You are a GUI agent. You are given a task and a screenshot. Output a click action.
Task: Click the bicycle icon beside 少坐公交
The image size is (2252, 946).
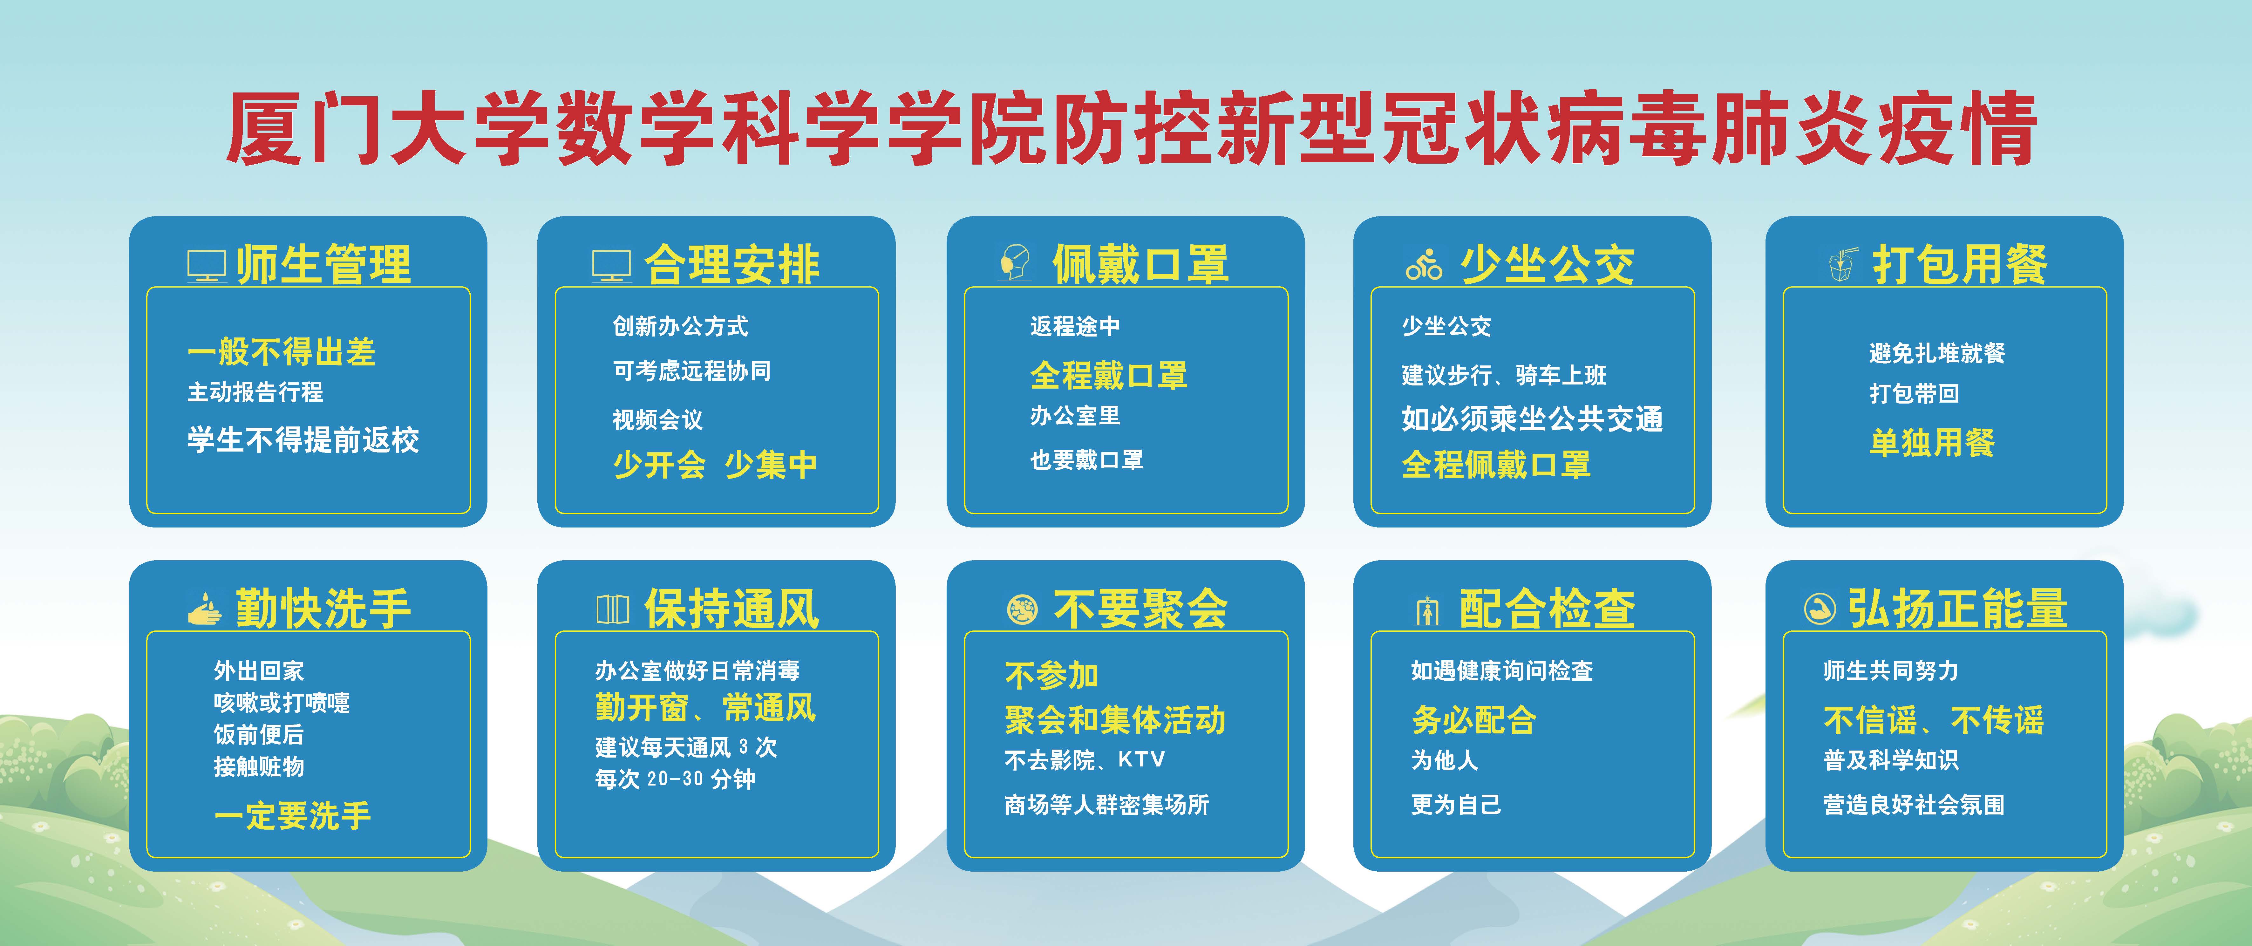[x=1423, y=264]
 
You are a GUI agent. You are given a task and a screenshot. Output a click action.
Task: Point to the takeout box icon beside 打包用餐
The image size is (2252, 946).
[x=1842, y=264]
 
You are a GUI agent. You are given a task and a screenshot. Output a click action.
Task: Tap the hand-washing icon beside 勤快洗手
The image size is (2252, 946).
[x=205, y=609]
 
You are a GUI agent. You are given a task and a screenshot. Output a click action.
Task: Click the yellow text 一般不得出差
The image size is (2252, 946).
[x=282, y=352]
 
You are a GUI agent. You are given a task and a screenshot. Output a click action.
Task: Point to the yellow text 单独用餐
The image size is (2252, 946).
[x=1932, y=442]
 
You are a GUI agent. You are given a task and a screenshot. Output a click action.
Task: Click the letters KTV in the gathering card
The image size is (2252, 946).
[x=1141, y=760]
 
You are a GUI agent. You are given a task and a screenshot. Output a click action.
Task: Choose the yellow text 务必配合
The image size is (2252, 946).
[x=1474, y=720]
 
